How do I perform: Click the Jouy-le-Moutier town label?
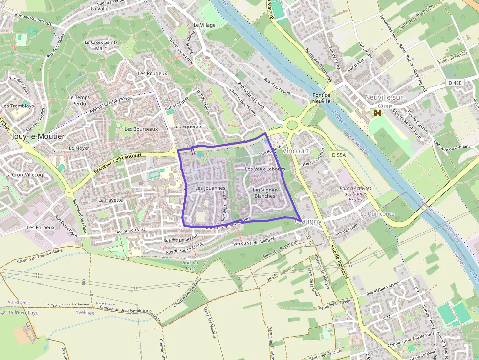coord(38,136)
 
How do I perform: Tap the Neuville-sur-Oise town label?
coord(385,101)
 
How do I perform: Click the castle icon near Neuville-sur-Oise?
coord(377,113)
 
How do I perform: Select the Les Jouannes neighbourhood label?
coord(210,188)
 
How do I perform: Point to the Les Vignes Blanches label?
coord(265,192)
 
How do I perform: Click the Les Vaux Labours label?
coord(265,169)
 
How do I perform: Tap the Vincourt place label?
coord(296,151)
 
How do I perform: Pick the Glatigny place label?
coord(308,221)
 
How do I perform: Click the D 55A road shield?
coord(338,155)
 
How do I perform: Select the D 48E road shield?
coord(455,83)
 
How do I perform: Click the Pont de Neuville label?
coord(322,98)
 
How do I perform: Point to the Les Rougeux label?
coord(152,73)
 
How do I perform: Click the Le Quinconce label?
coord(377,214)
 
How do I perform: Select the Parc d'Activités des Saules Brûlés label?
coord(355,194)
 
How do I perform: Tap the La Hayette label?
coord(110,200)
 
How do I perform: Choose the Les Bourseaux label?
coord(141,129)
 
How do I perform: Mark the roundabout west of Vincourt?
coord(292,125)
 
